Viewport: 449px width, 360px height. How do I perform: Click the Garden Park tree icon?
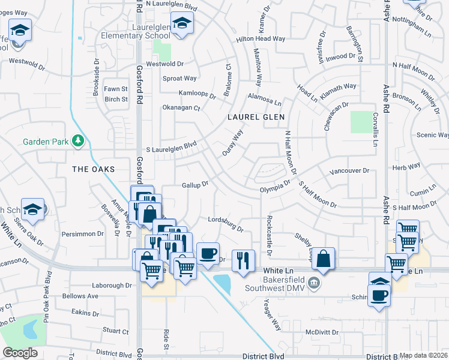tap(77, 141)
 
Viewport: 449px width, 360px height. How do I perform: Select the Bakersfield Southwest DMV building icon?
tap(312, 282)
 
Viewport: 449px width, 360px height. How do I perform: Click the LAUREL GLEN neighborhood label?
tap(256, 117)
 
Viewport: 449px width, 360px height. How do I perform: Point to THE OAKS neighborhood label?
tap(93, 169)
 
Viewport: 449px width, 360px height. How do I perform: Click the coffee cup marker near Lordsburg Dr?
tap(208, 253)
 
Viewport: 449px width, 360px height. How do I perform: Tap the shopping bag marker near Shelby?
tap(323, 259)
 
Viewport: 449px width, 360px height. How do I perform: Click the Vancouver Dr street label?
tap(349, 172)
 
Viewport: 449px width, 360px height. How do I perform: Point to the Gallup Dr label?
tap(195, 184)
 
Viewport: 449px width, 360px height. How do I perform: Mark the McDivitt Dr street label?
tap(322, 332)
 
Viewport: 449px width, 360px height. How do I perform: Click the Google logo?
tap(20, 353)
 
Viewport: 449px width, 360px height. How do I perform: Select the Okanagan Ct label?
tap(181, 108)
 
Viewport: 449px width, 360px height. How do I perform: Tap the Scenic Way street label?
tap(435, 136)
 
